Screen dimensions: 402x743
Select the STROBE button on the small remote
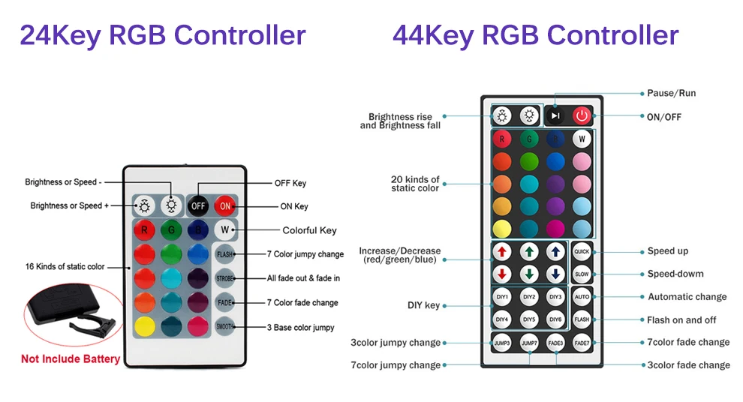(225, 278)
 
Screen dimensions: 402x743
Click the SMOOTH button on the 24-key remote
(225, 326)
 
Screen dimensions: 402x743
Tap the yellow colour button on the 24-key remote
(145, 326)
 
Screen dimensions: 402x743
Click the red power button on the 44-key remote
(582, 115)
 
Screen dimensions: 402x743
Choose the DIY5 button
(530, 319)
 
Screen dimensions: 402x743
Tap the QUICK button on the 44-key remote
(582, 251)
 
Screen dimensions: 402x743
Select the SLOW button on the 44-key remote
(582, 274)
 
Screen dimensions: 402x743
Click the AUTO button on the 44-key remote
(582, 297)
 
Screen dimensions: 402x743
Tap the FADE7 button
(582, 342)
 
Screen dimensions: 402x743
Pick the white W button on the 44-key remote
(582, 139)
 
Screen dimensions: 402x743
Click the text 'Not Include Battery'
(71, 359)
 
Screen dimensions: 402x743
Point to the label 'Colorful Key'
(309, 230)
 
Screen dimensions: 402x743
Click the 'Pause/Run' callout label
(671, 93)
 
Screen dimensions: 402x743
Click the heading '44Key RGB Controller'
(535, 35)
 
